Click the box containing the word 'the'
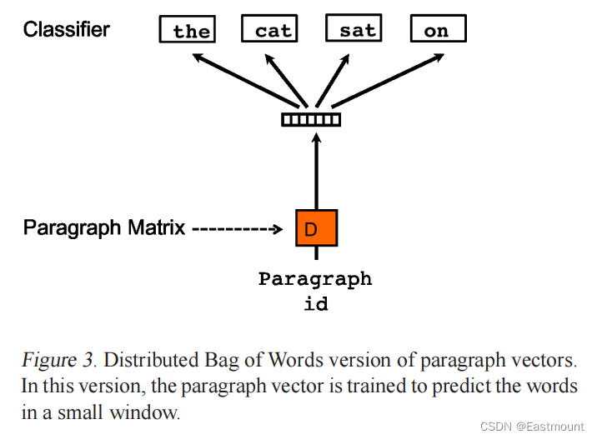click(188, 30)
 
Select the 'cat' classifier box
click(269, 30)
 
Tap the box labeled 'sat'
click(354, 29)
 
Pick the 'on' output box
click(438, 29)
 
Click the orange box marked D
click(316, 227)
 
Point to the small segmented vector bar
click(311, 119)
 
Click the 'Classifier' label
click(67, 30)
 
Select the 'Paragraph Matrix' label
click(104, 227)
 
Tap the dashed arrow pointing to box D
click(241, 227)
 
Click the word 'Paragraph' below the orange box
click(315, 279)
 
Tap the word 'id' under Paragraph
click(315, 303)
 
